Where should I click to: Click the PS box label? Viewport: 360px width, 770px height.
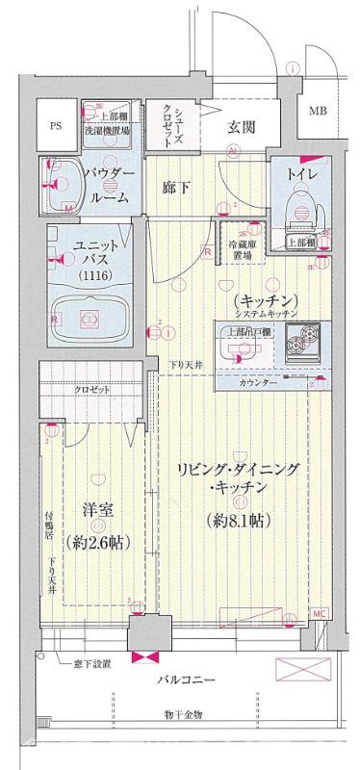click(55, 124)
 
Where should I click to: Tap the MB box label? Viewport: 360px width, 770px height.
click(317, 112)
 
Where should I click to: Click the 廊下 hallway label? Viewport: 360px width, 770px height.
click(176, 187)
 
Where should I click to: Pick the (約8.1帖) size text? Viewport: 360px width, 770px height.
click(238, 522)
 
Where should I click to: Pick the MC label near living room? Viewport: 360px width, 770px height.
click(319, 613)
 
